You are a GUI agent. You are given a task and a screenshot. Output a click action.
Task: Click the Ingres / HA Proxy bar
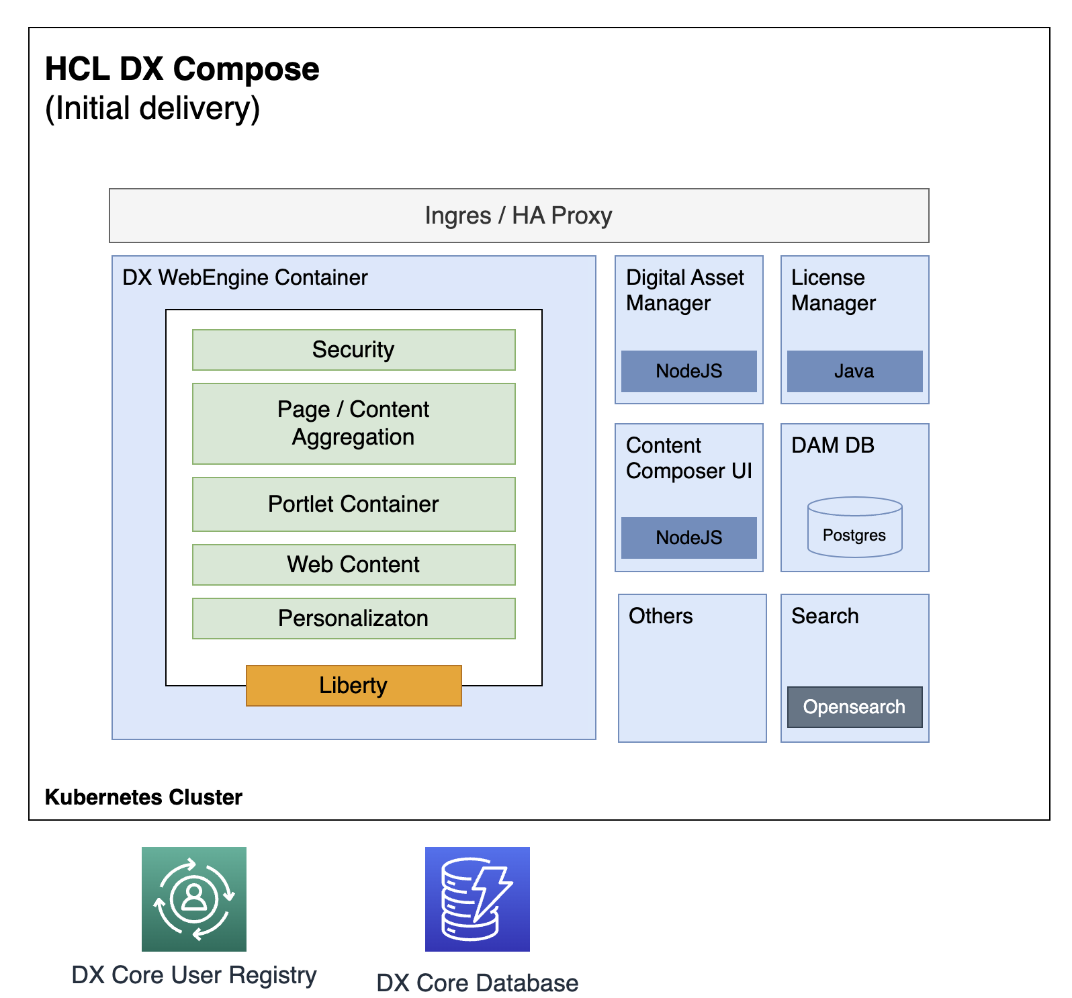[519, 216]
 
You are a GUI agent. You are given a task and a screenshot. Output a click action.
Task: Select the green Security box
[353, 350]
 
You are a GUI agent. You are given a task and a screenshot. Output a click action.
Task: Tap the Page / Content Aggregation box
[353, 423]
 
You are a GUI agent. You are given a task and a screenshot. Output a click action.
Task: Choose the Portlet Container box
[353, 504]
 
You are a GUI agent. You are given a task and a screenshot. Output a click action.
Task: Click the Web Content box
[353, 565]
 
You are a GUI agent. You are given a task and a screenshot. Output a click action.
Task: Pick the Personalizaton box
[353, 619]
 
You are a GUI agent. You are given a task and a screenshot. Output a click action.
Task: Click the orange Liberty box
[353, 686]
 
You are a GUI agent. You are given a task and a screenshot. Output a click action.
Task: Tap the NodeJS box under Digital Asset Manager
[688, 371]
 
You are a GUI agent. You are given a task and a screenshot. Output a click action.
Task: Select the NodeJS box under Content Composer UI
[688, 538]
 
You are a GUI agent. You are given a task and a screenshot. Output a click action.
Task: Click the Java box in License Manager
[854, 371]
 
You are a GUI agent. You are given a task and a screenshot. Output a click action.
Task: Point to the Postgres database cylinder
[854, 528]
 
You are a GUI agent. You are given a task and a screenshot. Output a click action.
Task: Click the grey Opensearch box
[854, 707]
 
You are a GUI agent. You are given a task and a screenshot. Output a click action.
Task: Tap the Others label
[660, 616]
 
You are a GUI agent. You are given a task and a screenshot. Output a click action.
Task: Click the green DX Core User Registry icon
[193, 899]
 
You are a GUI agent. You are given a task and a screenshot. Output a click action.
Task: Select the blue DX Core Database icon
[477, 899]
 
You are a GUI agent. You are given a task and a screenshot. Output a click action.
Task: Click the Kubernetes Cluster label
[143, 797]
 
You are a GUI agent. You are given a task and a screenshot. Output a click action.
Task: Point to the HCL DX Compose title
[182, 69]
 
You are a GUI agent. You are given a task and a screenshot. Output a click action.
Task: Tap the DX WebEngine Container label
[244, 277]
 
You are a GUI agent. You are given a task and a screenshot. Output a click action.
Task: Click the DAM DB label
[832, 445]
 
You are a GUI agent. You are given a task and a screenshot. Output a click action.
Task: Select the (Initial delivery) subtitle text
[152, 109]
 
